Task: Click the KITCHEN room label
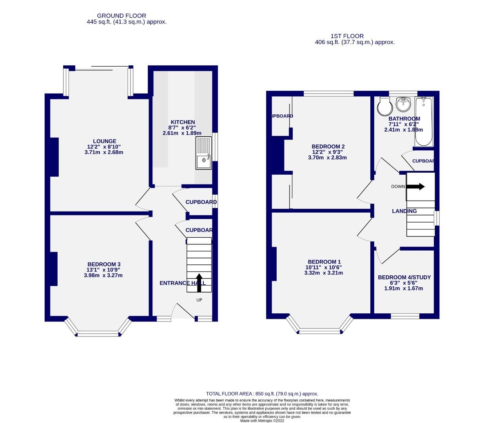(182, 122)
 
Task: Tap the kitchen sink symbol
(203, 153)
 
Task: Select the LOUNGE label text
(104, 141)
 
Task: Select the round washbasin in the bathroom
(403, 104)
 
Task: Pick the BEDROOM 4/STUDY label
(404, 277)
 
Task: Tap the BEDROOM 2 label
(328, 146)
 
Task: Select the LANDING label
(404, 211)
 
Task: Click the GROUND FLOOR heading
(121, 16)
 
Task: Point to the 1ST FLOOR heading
(347, 36)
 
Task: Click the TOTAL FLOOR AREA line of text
(262, 394)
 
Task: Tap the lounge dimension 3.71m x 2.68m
(104, 152)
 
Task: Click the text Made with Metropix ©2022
(262, 421)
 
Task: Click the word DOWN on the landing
(398, 186)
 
